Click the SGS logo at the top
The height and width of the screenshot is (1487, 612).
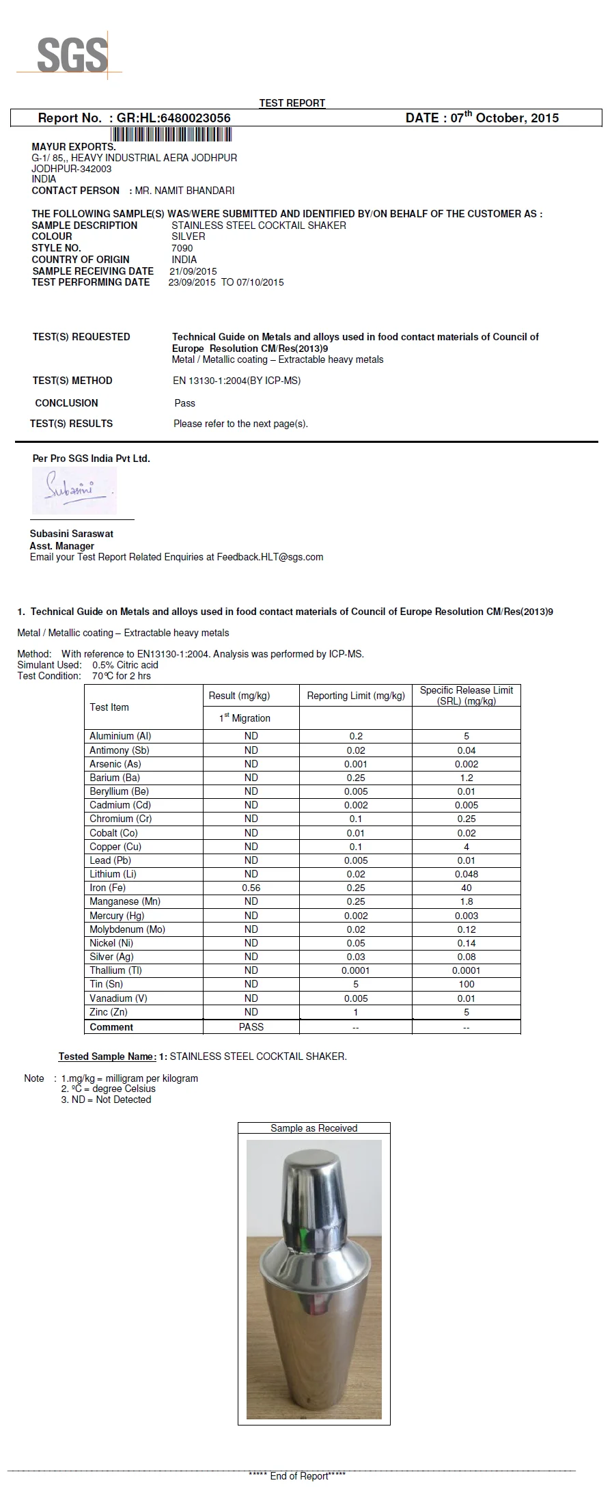71,55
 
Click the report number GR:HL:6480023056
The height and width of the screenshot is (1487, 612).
173,118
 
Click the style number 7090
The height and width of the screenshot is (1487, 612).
182,248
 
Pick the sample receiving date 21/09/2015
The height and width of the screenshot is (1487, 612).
193,271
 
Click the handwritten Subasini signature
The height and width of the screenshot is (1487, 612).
74,489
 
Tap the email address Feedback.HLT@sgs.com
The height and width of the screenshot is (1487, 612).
270,557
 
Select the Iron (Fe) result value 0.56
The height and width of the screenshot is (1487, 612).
251,888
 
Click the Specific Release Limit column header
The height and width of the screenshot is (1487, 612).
467,696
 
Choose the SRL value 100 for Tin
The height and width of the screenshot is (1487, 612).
467,984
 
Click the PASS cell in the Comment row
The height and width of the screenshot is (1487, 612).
251,1027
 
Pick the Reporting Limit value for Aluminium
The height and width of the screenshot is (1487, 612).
356,736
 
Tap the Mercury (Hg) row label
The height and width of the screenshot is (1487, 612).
117,916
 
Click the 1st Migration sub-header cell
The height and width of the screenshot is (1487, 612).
245,718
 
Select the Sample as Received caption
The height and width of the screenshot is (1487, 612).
314,1128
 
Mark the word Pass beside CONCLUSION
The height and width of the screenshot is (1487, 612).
185,403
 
